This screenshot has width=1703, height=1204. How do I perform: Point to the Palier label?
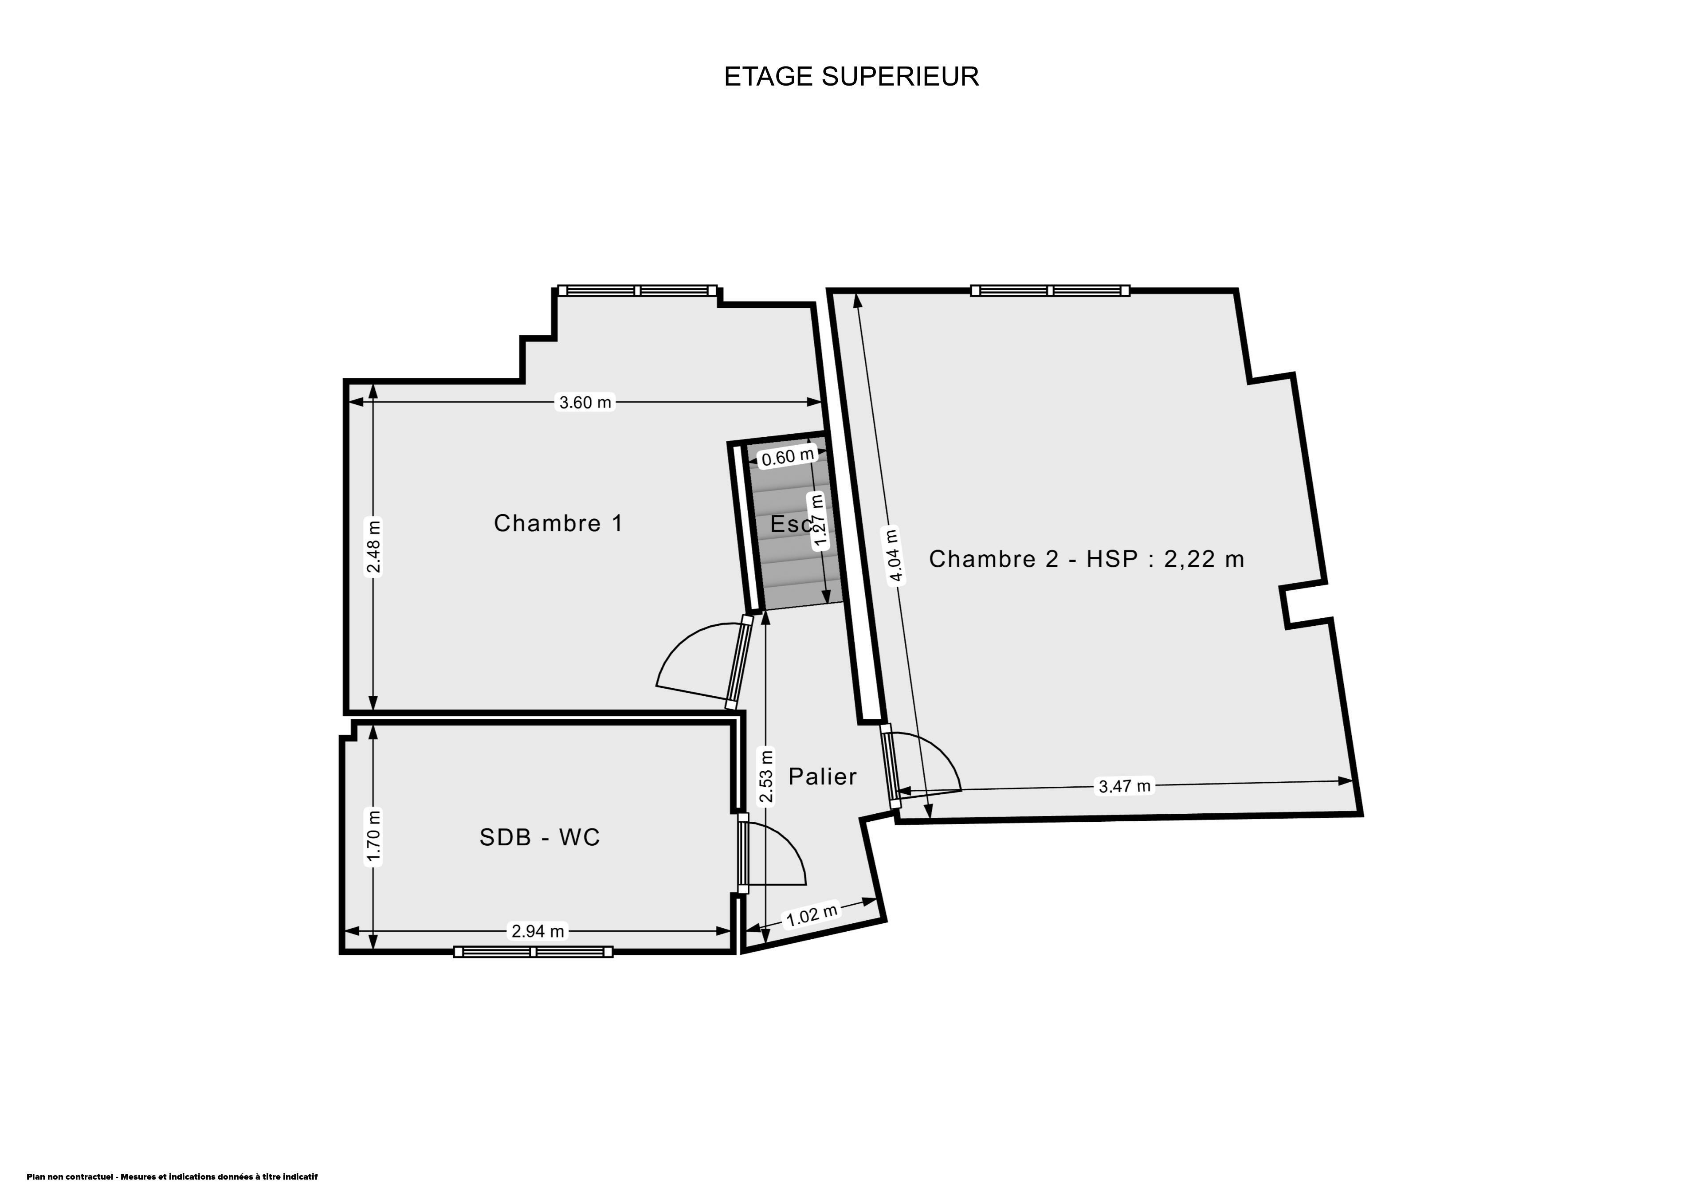(x=822, y=777)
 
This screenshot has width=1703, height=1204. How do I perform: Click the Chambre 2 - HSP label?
(x=1087, y=559)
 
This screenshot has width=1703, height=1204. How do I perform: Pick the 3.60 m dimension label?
(x=585, y=402)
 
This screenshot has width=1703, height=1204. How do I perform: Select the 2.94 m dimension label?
(x=538, y=930)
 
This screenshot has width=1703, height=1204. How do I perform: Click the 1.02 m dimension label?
(x=812, y=915)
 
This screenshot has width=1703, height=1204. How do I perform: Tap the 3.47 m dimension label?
(x=1124, y=786)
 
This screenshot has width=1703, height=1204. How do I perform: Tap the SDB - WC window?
(x=534, y=952)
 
